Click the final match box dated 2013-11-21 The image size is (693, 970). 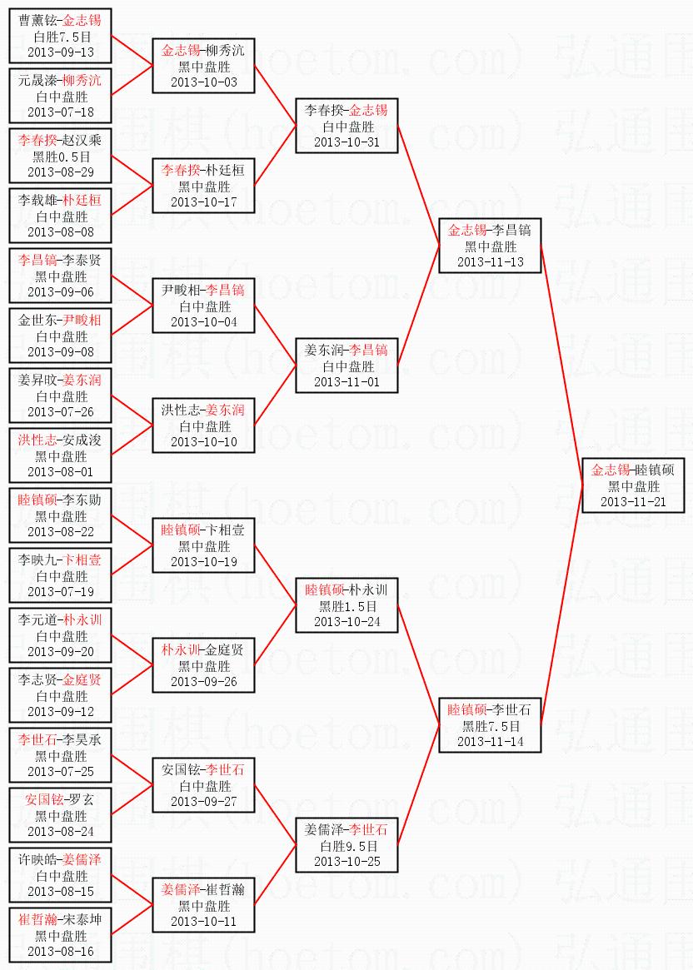tap(633, 485)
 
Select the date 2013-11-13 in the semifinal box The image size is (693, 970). tap(491, 261)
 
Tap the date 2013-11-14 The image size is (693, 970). tap(491, 741)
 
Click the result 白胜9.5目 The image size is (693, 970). tap(347, 845)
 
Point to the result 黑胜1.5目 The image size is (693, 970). tap(347, 605)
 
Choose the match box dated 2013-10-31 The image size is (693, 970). tap(346, 126)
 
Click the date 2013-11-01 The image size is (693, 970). tap(347, 381)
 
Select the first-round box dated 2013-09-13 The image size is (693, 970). tap(60, 37)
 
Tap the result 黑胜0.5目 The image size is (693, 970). tap(61, 156)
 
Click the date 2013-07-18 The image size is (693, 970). tap(61, 112)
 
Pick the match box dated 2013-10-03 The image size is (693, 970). tap(203, 66)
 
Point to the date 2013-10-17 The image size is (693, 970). tap(204, 201)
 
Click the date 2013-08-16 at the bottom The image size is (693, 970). tap(61, 951)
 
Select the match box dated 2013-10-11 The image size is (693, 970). tap(203, 905)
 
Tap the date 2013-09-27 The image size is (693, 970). tap(204, 801)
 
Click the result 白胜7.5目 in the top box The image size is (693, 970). tap(61, 37)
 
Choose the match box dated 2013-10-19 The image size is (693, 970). tap(203, 545)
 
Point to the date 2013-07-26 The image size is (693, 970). tap(61, 411)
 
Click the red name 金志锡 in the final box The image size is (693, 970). tap(610, 470)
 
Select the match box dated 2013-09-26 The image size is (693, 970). tap(203, 665)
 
